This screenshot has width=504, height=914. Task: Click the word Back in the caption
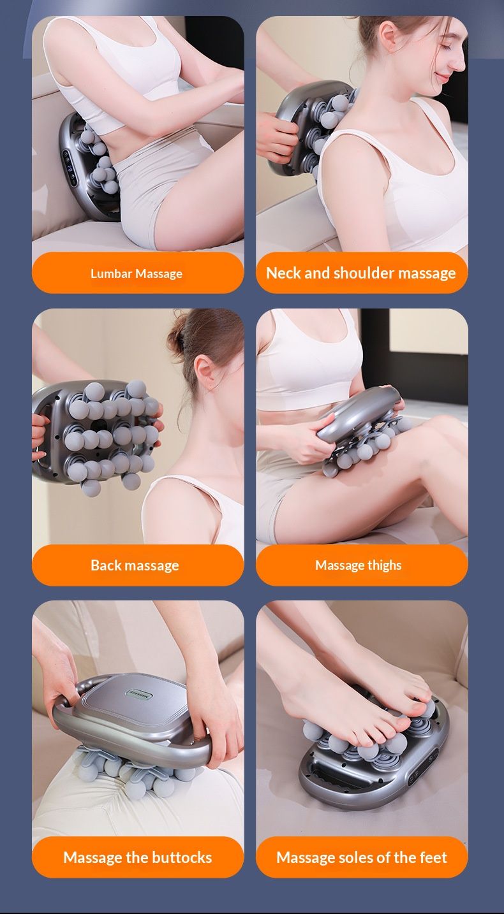pyautogui.click(x=104, y=565)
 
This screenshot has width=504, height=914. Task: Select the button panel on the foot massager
pyautogui.click(x=423, y=767)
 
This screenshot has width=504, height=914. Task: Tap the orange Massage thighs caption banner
pyautogui.click(x=362, y=565)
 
